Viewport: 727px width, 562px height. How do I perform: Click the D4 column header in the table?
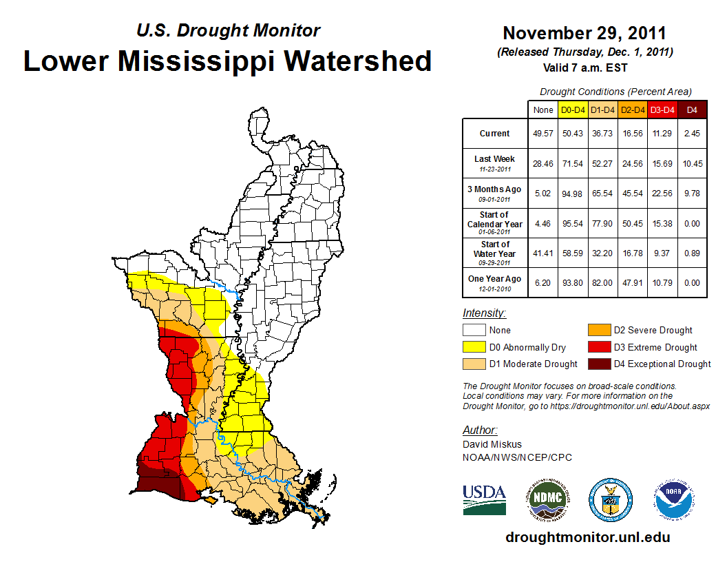pos(693,110)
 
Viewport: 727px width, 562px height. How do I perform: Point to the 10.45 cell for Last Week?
pos(693,163)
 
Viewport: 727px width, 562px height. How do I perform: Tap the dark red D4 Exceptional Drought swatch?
pos(598,364)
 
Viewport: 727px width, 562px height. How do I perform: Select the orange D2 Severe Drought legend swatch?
pos(598,330)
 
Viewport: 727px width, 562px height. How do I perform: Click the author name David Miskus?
pos(493,444)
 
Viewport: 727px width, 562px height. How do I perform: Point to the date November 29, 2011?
pos(584,33)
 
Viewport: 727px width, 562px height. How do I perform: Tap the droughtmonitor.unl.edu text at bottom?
pos(588,537)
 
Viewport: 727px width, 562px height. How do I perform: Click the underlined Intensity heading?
pos(484,313)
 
